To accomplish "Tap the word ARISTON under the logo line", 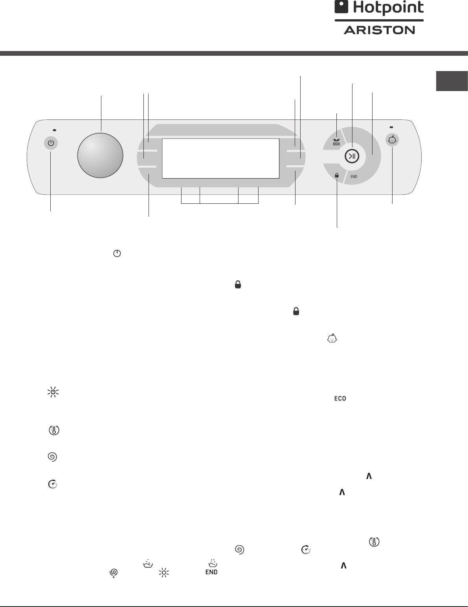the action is pos(379,30).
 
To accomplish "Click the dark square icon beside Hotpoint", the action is pos(341,7).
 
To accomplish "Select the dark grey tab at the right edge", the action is pos(452,81).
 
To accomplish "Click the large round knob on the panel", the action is pos(100,155).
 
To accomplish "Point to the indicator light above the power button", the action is pos(54,130).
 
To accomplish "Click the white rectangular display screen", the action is pos(220,158).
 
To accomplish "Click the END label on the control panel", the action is pos(354,177).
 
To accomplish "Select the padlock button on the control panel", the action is pos(337,175).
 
